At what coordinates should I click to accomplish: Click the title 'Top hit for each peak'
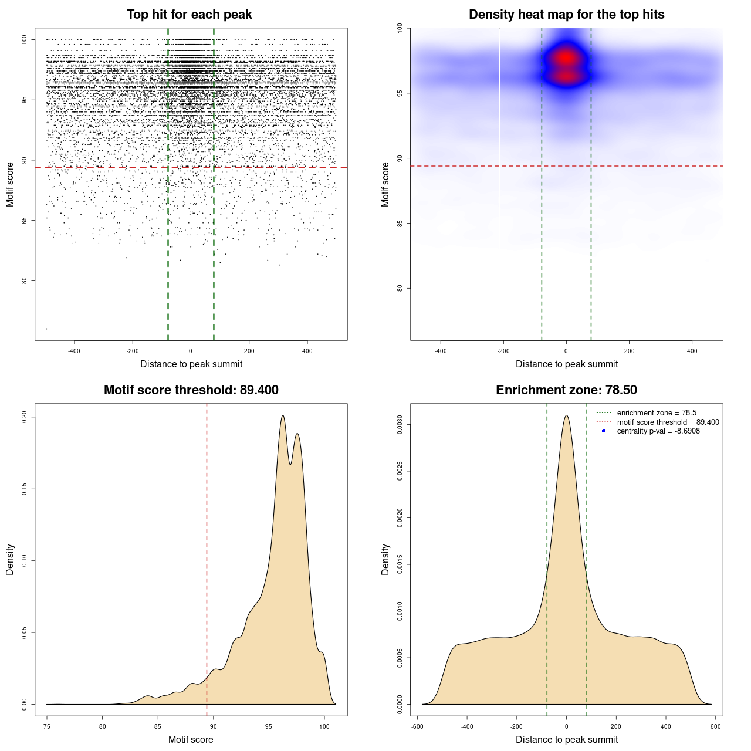tap(189, 15)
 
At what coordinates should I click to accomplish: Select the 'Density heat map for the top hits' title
tap(566, 15)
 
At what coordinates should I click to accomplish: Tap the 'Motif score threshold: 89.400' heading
tap(191, 390)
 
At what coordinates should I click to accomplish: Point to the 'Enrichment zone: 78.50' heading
tap(566, 390)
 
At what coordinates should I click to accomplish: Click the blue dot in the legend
tap(604, 431)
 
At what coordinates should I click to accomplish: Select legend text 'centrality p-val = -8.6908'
tap(658, 431)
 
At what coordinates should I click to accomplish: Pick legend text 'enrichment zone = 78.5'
tap(657, 413)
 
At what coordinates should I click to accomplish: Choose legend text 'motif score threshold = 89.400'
tap(668, 422)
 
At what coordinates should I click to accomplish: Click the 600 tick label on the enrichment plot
tap(715, 726)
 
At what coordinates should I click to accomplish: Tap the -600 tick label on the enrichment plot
tap(417, 726)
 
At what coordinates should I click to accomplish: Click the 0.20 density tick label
tap(24, 417)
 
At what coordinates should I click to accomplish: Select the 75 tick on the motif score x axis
tap(47, 726)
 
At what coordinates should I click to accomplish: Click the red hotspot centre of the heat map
tap(566, 58)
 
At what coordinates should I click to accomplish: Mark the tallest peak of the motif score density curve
tap(283, 415)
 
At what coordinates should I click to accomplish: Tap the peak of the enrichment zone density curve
tap(566, 415)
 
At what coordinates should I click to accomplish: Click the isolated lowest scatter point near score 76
tap(46, 329)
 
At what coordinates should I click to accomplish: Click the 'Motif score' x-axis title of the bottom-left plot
tap(191, 739)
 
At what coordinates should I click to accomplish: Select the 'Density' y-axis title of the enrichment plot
tap(385, 559)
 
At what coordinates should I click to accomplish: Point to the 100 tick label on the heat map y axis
tap(400, 28)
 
